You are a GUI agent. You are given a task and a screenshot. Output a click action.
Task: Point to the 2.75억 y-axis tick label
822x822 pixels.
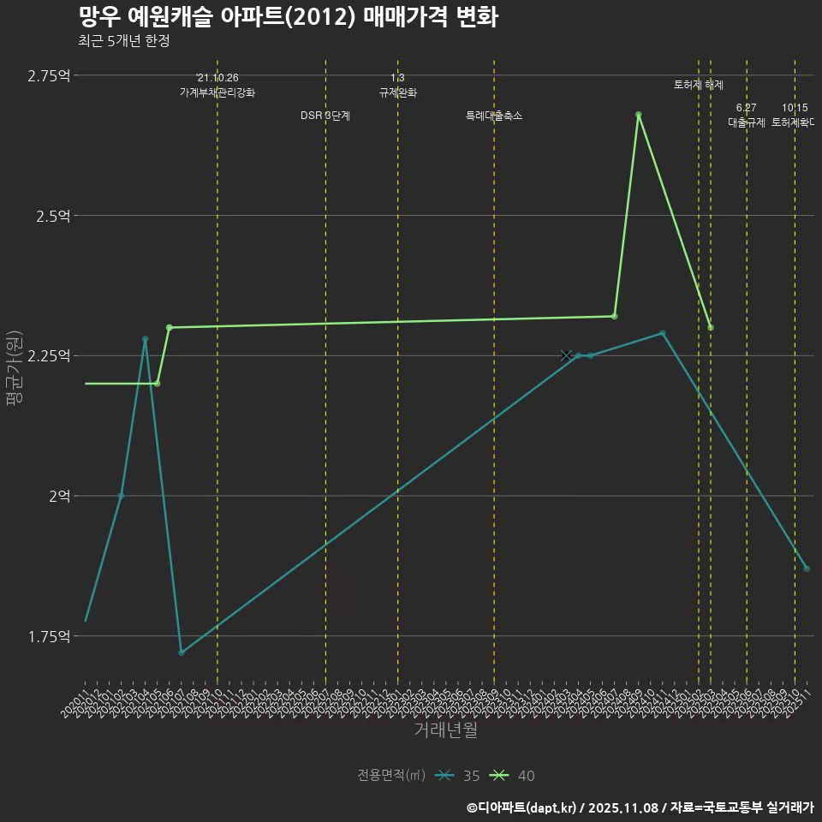point(48,76)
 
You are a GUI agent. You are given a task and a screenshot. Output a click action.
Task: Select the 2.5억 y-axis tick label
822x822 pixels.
point(52,216)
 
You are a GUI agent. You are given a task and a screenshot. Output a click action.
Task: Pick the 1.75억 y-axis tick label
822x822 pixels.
point(48,636)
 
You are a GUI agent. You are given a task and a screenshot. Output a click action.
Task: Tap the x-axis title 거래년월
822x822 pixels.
point(445,730)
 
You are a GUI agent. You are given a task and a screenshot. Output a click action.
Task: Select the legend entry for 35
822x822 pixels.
point(458,776)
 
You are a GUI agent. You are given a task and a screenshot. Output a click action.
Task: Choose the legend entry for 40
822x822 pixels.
point(513,776)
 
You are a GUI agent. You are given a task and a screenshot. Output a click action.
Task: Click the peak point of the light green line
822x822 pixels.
point(638,115)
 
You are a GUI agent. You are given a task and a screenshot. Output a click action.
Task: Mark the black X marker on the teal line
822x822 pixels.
point(566,355)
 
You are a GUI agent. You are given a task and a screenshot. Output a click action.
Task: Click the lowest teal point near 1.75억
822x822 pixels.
point(182,652)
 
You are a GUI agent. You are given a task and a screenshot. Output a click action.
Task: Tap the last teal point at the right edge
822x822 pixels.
point(807,569)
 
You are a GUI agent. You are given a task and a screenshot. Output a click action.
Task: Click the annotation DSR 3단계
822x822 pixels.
point(325,116)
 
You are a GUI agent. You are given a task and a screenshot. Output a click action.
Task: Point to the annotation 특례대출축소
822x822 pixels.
point(493,116)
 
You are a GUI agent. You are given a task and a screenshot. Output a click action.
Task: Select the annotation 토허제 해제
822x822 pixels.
point(698,85)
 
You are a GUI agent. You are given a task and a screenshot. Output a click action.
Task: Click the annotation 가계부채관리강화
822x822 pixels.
point(217,92)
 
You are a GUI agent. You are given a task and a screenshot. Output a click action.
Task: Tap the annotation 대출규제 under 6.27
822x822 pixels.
point(746,122)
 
